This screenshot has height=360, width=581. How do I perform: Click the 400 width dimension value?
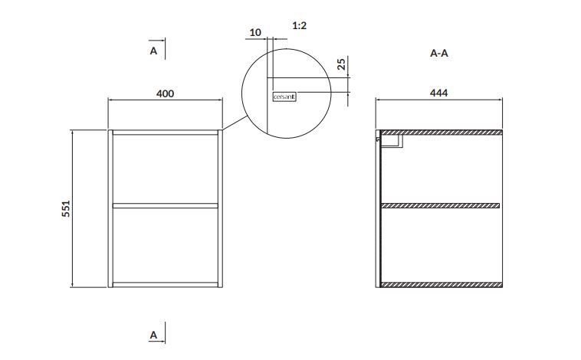165,93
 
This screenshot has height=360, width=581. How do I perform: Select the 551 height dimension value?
66,208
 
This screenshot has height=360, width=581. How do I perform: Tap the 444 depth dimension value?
438,93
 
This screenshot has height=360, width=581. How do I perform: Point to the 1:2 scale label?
300,25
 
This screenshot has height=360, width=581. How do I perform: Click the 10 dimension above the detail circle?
255,33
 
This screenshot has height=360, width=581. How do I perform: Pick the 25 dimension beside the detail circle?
341,64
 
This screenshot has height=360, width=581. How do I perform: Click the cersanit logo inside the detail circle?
284,97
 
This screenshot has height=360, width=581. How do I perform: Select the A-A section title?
439,54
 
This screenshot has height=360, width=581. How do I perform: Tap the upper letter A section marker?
153,51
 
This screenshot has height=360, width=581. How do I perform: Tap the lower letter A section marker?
153,335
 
